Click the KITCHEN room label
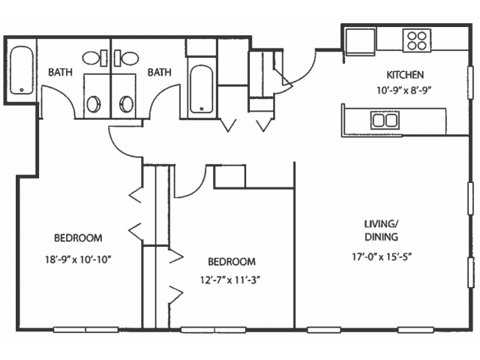pos(405,75)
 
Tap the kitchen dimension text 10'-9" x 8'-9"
pos(405,91)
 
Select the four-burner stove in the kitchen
pos(417,40)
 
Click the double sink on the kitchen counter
pos(385,120)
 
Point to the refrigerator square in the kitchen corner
pos(361,42)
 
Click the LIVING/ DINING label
pos(381,230)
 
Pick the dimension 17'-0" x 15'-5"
pos(381,256)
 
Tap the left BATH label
pos(61,72)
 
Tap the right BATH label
pos(160,72)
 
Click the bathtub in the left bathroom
pos(22,70)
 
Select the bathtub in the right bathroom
pos(201,89)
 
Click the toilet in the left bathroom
pos(95,58)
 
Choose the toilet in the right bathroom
pos(126,58)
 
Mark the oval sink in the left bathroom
pos(93,104)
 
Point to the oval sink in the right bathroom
pos(126,104)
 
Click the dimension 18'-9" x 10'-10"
pos(78,260)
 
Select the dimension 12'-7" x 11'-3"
pos(232,280)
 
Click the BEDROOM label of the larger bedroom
pos(78,238)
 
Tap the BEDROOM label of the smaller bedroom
pos(232,262)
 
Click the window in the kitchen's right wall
pos(471,82)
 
